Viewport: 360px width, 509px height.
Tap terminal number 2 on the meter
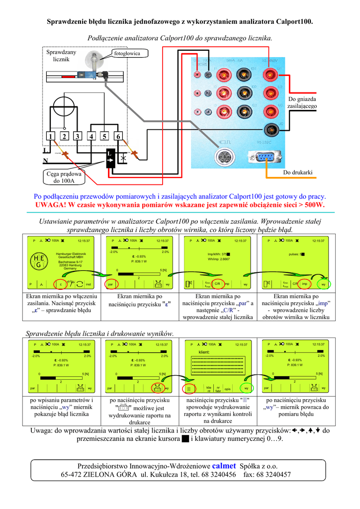point(64,137)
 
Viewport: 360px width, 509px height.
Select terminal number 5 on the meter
point(104,137)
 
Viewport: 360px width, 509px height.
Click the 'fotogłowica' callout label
point(127,53)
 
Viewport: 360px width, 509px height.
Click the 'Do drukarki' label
point(297,172)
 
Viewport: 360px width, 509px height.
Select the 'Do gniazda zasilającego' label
point(302,102)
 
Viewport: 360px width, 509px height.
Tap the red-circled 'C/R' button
point(217,284)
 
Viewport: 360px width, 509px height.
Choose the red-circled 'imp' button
point(305,284)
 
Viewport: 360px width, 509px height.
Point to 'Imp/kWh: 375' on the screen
point(219,254)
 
